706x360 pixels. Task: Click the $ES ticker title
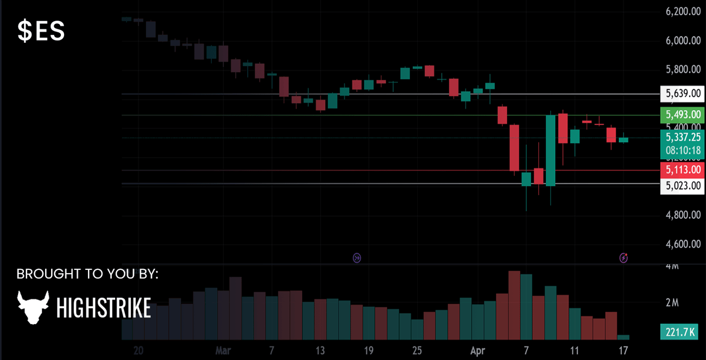(x=41, y=32)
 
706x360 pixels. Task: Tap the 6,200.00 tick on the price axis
(x=683, y=11)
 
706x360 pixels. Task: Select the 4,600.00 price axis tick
(x=683, y=244)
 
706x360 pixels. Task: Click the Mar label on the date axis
(x=223, y=350)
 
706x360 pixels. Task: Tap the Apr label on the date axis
(x=477, y=350)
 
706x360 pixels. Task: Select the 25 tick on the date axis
(x=417, y=350)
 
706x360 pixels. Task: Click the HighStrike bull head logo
(x=33, y=307)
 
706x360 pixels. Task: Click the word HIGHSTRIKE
(x=104, y=308)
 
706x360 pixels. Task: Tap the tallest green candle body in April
(x=551, y=150)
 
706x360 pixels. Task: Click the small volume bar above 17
(x=623, y=337)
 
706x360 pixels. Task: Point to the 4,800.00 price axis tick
(x=683, y=215)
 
